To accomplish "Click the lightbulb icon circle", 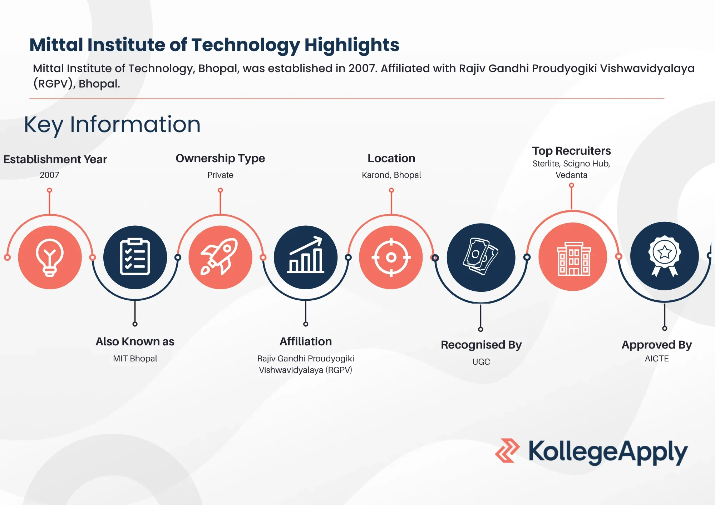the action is (x=50, y=257).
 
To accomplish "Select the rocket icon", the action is (x=220, y=256).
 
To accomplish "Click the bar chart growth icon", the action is (x=306, y=255).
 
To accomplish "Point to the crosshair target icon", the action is (x=391, y=257).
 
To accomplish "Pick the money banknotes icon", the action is (x=481, y=256).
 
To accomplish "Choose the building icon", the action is (x=573, y=259).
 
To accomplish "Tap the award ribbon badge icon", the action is (x=665, y=256).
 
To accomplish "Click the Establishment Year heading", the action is (x=55, y=159).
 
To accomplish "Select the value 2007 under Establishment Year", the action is (x=49, y=175).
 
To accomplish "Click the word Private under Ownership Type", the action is (x=220, y=175).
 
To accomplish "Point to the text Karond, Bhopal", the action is (x=391, y=175).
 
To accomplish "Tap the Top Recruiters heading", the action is (x=571, y=151).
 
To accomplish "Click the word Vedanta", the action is (x=571, y=175).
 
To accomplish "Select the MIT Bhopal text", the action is (x=135, y=359).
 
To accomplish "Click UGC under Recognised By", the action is (x=481, y=362).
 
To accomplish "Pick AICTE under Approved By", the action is (x=657, y=359).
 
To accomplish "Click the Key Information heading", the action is (x=112, y=125).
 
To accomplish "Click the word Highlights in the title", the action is (x=352, y=45).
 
